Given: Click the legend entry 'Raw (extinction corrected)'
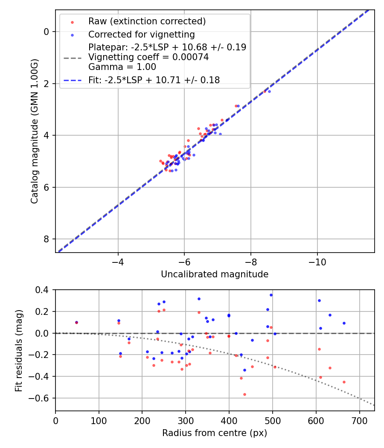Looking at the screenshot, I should (147, 21).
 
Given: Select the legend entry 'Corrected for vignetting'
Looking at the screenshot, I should (141, 35).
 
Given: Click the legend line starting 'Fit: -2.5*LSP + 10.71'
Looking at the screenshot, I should (154, 80).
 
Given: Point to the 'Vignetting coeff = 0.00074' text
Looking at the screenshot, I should (148, 57).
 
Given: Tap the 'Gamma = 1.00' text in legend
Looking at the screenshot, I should (122, 67).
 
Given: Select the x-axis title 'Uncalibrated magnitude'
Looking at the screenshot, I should (215, 274).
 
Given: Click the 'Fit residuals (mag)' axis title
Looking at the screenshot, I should (18, 350).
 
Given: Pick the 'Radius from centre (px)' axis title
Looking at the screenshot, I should (215, 433).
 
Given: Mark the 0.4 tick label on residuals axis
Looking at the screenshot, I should (43, 290).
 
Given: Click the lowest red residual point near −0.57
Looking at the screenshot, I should (244, 394).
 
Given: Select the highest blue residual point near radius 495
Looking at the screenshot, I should (271, 295).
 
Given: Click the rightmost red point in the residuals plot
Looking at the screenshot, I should (344, 382).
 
